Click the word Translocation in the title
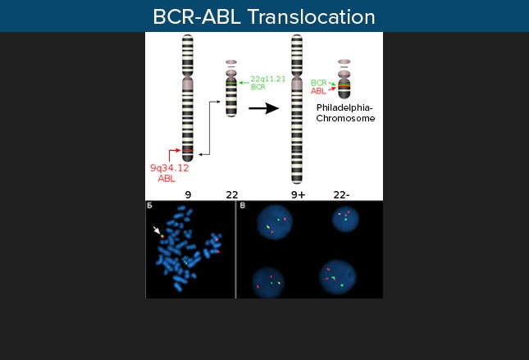311,17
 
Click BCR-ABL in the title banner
197,17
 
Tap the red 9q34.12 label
169,168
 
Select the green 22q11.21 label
268,79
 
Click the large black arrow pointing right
264,108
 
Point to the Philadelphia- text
344,108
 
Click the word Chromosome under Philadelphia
345,118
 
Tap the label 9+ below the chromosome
299,194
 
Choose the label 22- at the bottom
341,194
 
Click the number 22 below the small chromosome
232,194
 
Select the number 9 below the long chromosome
188,194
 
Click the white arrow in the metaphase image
157,230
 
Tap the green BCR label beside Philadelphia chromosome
318,83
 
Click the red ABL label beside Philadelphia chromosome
318,91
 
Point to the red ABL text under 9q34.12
166,179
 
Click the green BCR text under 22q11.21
258,87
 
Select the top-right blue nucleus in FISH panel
345,219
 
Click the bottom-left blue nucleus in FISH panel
268,283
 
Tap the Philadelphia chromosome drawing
344,80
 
